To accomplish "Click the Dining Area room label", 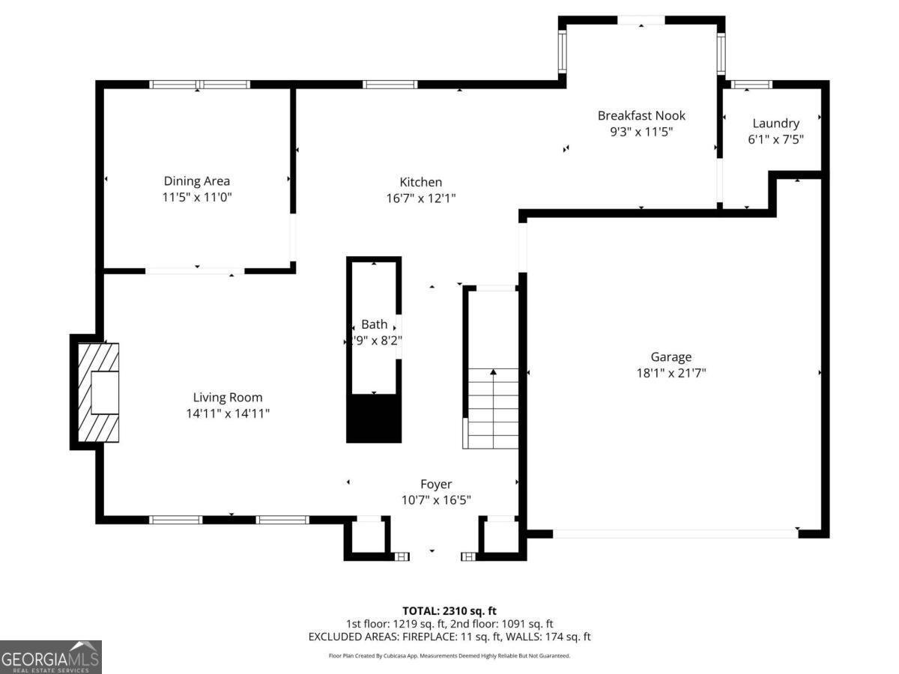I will click(x=196, y=180).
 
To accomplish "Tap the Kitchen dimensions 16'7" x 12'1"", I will click(x=420, y=198).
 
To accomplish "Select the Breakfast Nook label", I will click(x=641, y=115).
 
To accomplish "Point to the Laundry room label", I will click(x=775, y=123).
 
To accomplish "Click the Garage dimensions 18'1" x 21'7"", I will click(x=671, y=373).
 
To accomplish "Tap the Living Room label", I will click(x=228, y=397).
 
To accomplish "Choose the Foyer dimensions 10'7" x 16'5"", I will click(x=435, y=500).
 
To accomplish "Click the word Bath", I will click(x=375, y=324).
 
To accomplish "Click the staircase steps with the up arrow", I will click(x=492, y=408).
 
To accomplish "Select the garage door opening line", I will click(x=674, y=533).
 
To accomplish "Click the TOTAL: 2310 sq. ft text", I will click(x=449, y=611).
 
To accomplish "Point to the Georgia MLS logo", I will click(x=51, y=657).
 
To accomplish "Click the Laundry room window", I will click(x=751, y=85).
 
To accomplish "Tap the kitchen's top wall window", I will click(x=390, y=85).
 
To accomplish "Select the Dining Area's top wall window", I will click(x=199, y=85).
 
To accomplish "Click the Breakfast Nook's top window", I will click(x=641, y=20).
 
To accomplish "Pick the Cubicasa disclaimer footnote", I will click(x=449, y=656).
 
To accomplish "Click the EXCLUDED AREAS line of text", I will click(x=449, y=637).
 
